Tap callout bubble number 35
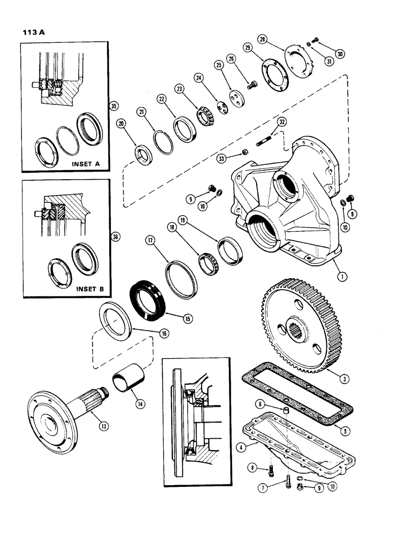pos(113,106)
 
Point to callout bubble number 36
pos(113,236)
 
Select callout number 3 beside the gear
pos(345,379)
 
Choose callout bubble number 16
pos(164,333)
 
